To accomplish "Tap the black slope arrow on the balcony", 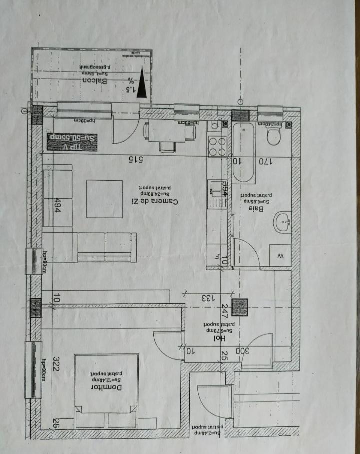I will point(142,83).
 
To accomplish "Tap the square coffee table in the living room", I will point(105,199).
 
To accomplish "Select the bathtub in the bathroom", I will point(243,152).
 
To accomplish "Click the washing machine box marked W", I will point(280,256).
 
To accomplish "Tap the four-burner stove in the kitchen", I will point(217,146).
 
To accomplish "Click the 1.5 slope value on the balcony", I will point(131,89).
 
